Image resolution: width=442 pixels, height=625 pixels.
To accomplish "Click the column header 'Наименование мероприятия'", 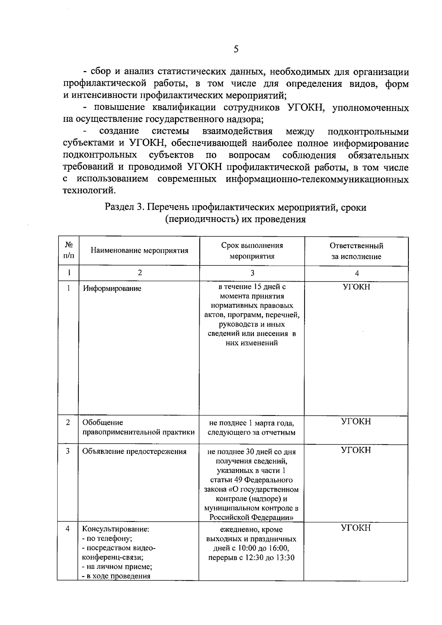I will [139, 251].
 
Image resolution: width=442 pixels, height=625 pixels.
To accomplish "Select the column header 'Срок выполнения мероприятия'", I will [252, 251].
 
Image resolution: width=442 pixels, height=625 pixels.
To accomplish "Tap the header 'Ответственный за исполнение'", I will [356, 251].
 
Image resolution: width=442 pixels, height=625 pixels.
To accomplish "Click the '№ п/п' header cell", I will [69, 250].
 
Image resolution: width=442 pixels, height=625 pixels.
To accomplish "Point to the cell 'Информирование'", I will [112, 289].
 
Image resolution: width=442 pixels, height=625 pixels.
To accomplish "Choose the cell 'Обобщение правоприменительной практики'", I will [138, 427].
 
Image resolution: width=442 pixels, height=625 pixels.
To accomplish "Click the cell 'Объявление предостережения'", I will [134, 451].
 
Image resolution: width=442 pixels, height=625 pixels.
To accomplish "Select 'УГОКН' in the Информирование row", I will [356, 287].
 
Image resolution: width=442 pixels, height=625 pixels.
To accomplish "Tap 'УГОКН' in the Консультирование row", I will [356, 528].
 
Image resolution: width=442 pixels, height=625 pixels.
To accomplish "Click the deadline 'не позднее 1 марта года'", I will [252, 423].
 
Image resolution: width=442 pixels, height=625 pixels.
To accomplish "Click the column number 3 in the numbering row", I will [252, 273].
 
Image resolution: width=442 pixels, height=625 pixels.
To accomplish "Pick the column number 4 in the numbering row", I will [357, 273].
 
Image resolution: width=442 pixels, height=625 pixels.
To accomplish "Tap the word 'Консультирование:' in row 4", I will [116, 529].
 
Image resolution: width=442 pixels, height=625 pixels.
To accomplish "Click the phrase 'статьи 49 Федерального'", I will [252, 480].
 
